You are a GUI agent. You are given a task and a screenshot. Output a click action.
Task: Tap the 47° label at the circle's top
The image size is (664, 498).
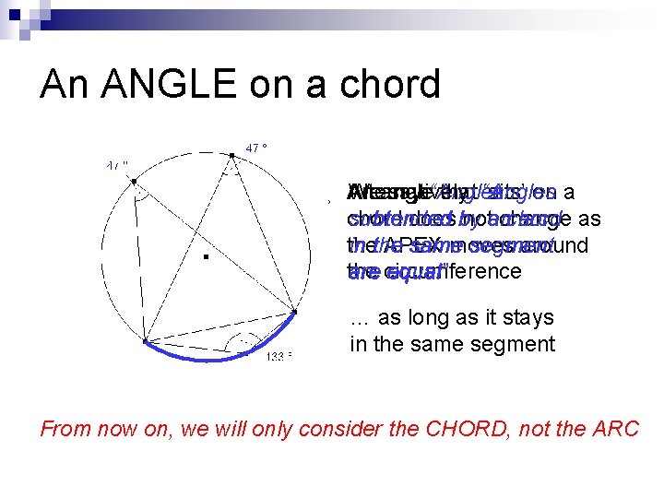pyautogui.click(x=256, y=147)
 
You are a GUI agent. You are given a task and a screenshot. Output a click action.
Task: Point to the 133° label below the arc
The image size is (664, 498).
pyautogui.click(x=279, y=357)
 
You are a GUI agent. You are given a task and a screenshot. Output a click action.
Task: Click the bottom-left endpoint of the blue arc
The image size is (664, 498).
pyautogui.click(x=145, y=342)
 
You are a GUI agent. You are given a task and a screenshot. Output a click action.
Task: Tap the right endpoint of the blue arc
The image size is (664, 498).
pyautogui.click(x=297, y=312)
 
